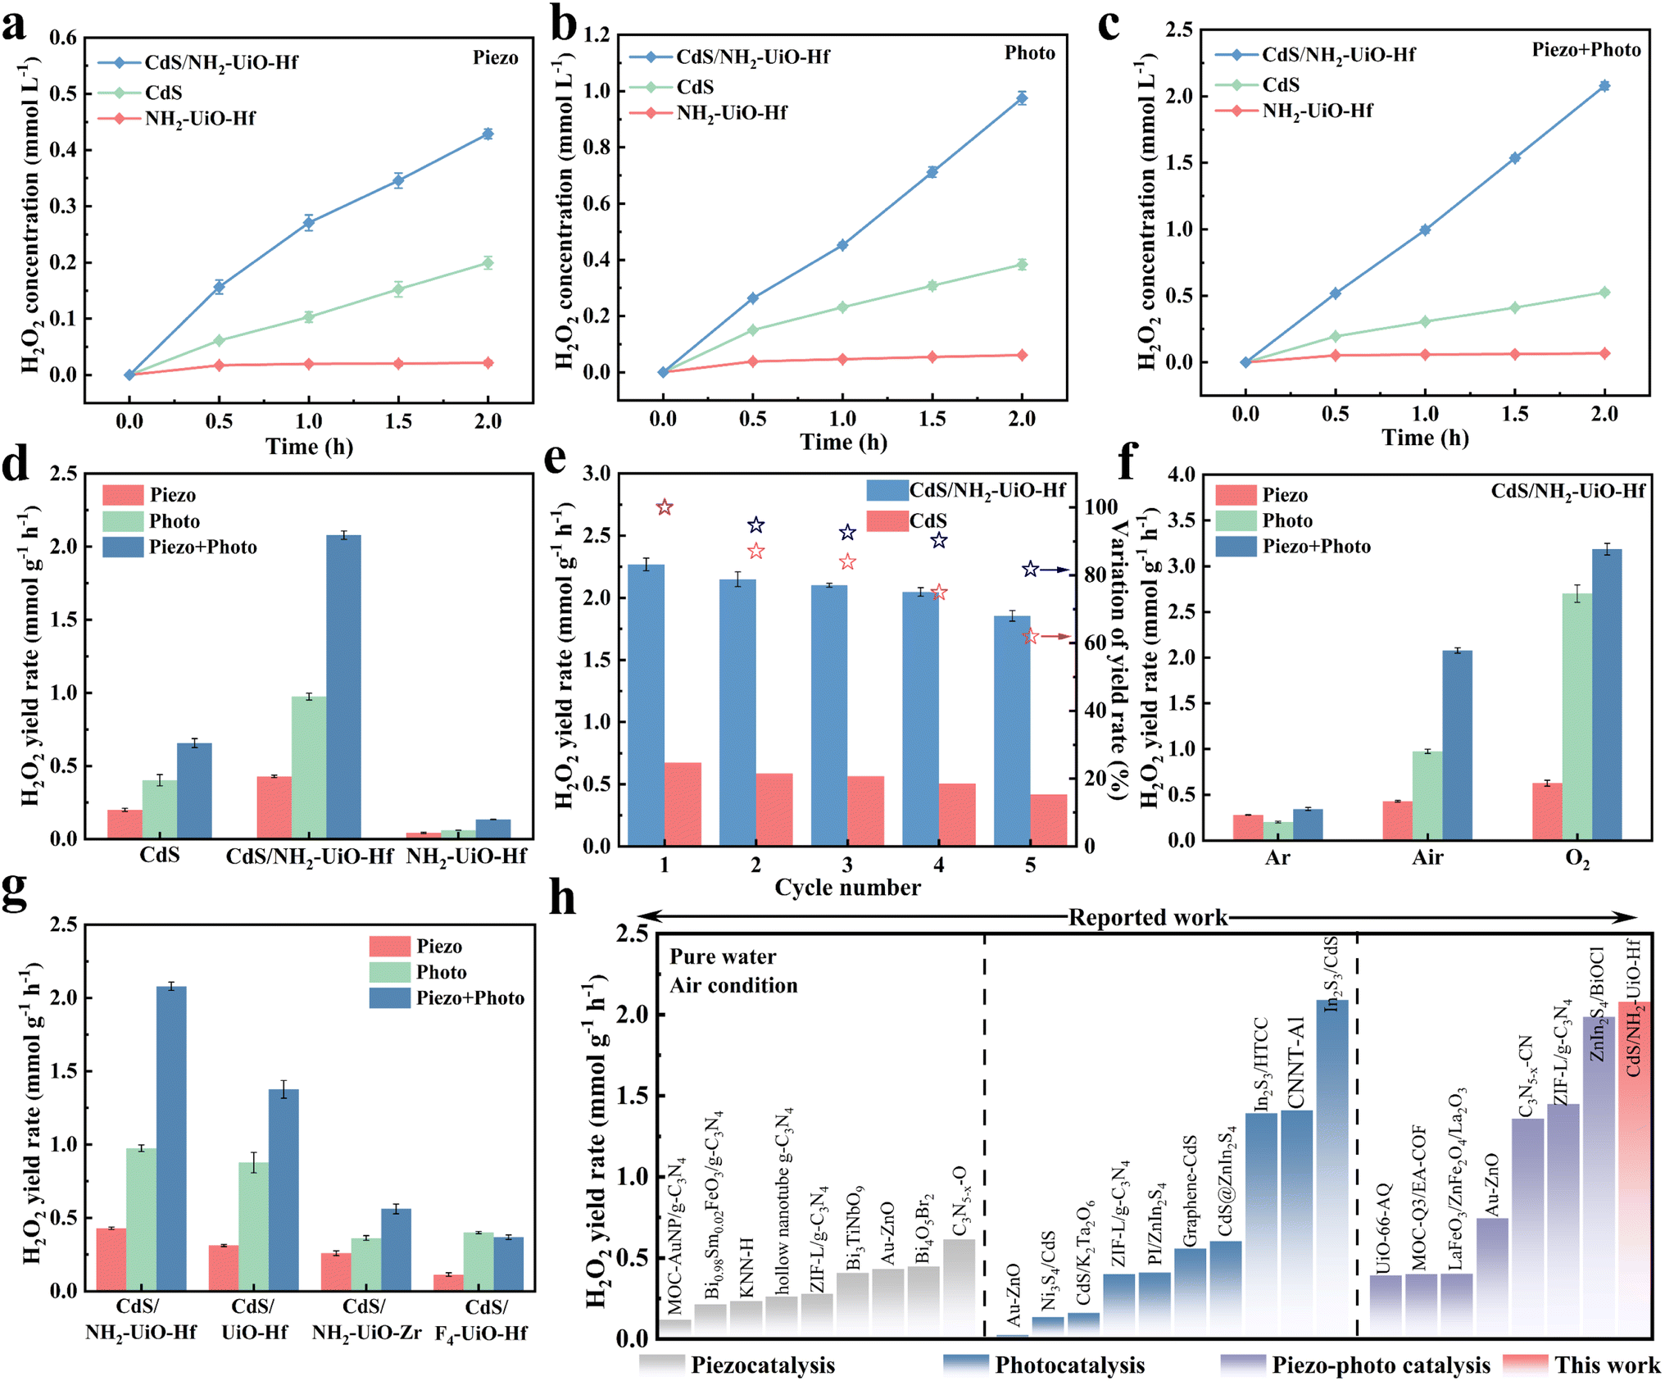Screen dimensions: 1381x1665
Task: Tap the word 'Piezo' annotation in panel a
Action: click(x=495, y=58)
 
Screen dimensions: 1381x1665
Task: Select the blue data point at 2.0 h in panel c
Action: click(x=1604, y=86)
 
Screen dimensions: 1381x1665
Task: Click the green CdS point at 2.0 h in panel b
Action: click(x=1022, y=265)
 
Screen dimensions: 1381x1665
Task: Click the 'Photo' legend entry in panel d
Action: click(x=174, y=521)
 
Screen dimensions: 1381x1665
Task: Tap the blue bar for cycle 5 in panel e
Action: click(x=1012, y=729)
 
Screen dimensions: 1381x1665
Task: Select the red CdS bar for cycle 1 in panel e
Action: click(x=683, y=803)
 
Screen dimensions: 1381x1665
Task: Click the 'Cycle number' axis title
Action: click(x=847, y=888)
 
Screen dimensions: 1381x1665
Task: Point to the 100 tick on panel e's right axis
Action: click(x=1101, y=507)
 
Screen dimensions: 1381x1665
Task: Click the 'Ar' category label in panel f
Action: click(x=1277, y=858)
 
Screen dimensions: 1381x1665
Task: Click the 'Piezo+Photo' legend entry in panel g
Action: click(x=470, y=998)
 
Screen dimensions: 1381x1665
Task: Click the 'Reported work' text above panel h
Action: click(x=1147, y=917)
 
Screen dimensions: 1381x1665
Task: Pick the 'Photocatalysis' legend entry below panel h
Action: click(x=1069, y=1365)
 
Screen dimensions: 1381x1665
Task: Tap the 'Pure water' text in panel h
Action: click(x=723, y=956)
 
